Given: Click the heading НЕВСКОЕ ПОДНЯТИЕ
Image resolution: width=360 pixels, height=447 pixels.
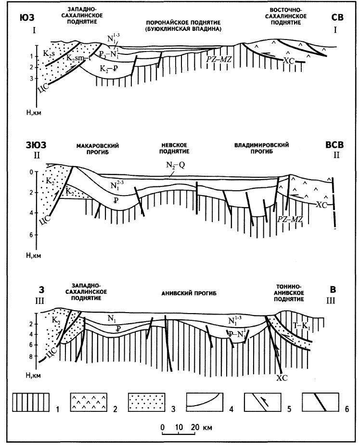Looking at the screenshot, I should pos(181,148).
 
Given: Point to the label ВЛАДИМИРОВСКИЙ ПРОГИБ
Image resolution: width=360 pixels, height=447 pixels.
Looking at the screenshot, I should pos(258,148).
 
